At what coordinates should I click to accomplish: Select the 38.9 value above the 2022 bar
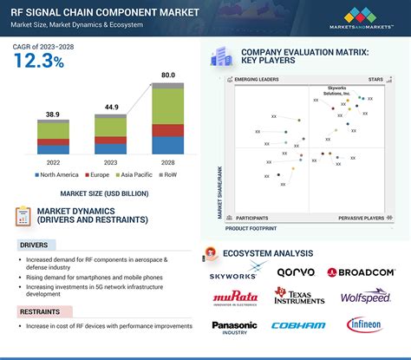click(x=54, y=115)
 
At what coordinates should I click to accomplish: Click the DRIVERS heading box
click(x=35, y=245)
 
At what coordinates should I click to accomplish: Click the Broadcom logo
click(x=362, y=272)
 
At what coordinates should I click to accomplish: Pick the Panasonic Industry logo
click(x=234, y=327)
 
